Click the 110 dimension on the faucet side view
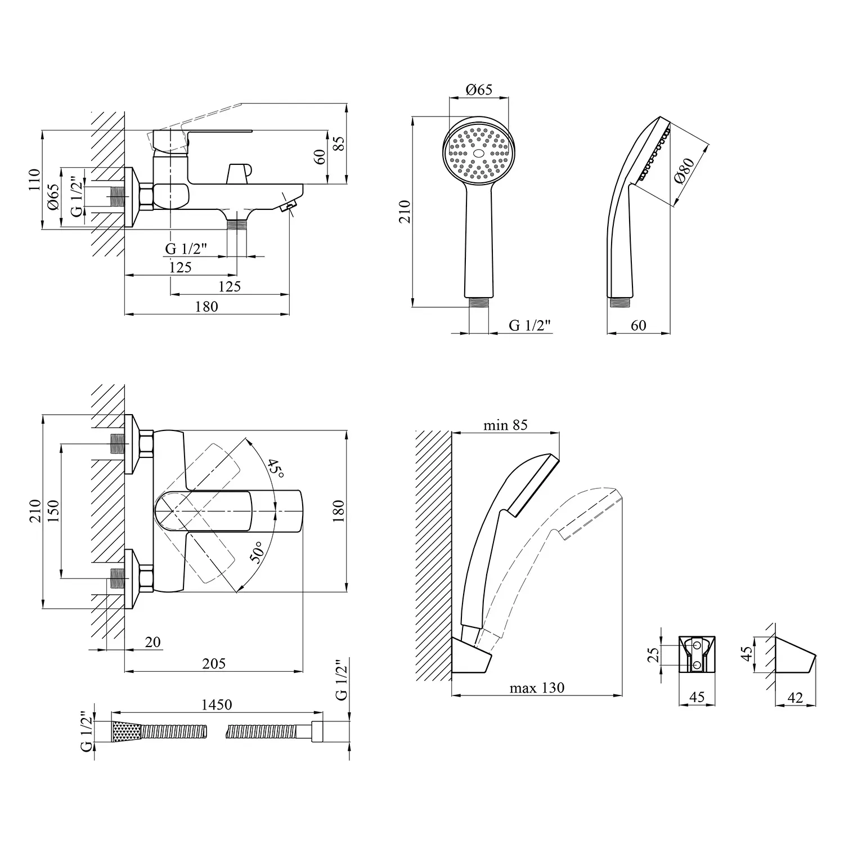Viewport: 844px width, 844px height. pos(35,179)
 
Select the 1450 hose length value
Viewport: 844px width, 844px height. pos(217,704)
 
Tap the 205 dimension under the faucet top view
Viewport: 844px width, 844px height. pos(214,663)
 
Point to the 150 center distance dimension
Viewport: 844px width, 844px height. pos(53,511)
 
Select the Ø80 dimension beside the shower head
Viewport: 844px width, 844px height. pos(684,170)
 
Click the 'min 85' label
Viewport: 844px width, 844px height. pos(505,425)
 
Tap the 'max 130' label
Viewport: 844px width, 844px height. pos(536,688)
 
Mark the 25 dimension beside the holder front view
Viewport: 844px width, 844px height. pos(653,654)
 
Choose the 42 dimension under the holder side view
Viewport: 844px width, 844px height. pos(795,698)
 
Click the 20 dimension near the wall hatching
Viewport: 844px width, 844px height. pos(152,642)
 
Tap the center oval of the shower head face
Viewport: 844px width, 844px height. pos(479,153)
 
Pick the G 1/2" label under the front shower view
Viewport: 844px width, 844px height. pos(529,325)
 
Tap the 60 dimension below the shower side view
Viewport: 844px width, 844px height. pos(639,325)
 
